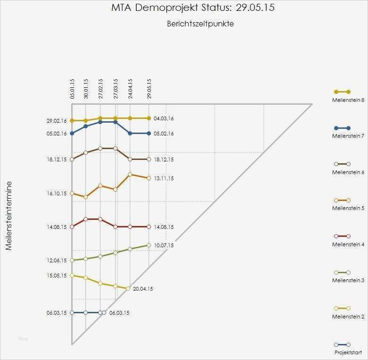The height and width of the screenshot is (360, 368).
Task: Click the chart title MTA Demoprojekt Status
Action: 193,8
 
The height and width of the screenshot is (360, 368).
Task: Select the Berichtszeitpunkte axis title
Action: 200,24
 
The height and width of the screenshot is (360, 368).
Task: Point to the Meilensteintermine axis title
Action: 8,221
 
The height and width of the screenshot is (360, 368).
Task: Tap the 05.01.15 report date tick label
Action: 73,88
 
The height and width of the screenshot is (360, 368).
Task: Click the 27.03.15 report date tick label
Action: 116,88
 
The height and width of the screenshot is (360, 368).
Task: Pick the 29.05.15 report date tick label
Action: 149,88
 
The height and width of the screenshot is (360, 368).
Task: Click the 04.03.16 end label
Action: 164,118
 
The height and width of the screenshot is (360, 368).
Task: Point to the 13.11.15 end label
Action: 164,178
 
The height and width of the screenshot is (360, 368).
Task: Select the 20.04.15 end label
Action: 143,289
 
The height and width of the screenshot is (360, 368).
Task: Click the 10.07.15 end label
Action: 164,245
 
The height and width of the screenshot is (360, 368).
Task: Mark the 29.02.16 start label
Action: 57,121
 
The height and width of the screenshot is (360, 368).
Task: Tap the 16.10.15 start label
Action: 57,193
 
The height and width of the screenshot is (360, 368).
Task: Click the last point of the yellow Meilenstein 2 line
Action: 128,288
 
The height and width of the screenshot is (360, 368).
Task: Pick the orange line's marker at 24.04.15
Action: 130,175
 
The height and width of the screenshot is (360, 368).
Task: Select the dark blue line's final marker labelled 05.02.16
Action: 149,134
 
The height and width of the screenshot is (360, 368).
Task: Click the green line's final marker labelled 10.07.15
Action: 149,245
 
